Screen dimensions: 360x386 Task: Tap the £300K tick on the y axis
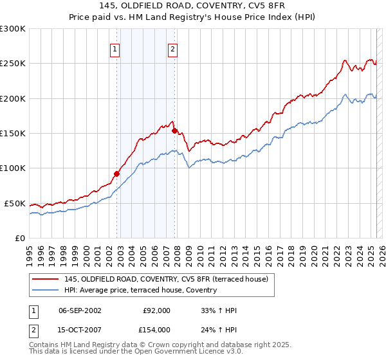[13, 29]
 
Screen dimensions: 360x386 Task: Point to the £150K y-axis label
[13, 133]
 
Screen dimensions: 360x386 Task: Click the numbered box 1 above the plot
[115, 49]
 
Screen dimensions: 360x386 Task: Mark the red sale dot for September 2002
[117, 174]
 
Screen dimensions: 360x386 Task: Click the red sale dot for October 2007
[174, 130]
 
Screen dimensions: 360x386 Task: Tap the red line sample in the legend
[45, 279]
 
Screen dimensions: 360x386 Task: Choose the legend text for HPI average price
[140, 290]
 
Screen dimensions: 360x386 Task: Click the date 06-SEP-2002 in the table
[80, 310]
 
